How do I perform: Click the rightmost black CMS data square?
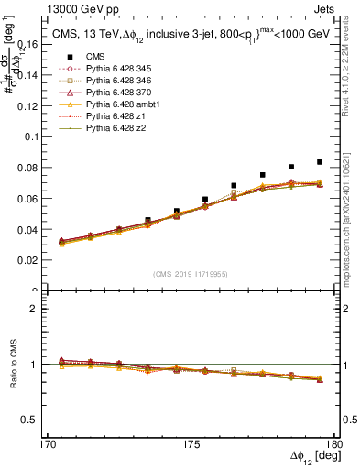(x=320, y=162)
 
